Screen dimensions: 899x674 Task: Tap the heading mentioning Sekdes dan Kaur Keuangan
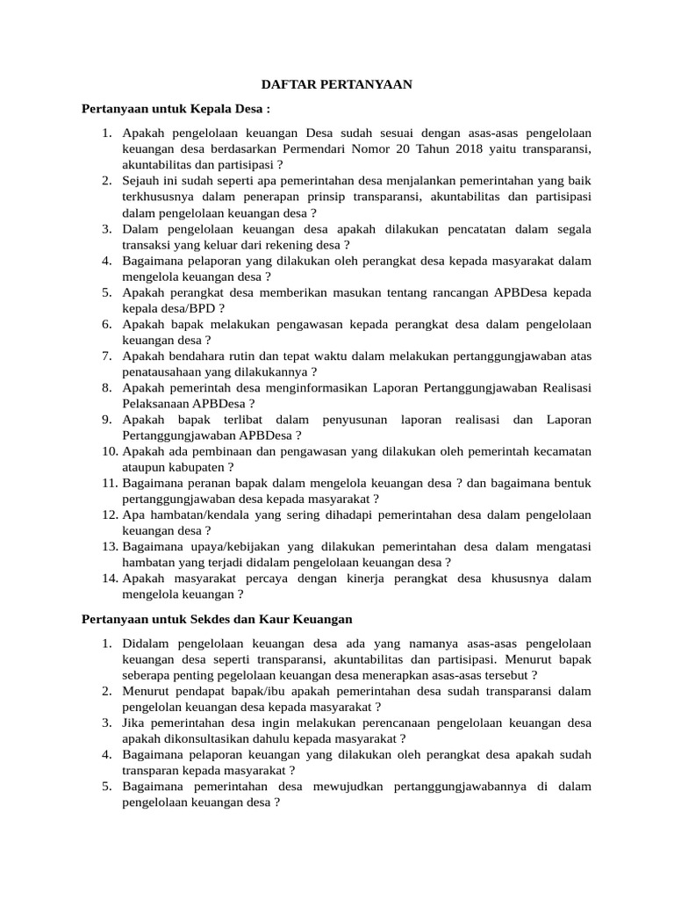[217, 619]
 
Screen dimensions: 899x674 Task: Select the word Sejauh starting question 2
[141, 180]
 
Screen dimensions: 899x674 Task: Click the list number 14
[109, 579]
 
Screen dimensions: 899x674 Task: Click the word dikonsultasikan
[178, 738]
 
